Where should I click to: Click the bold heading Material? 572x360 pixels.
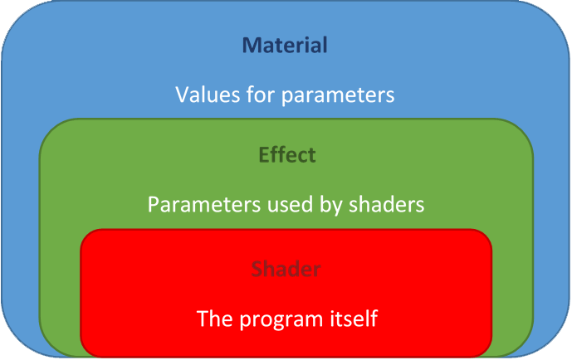[x=285, y=45]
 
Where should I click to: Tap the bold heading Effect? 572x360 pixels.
[x=287, y=154]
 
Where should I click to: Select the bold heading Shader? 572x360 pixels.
[x=286, y=269]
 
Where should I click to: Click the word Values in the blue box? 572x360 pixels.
[x=208, y=95]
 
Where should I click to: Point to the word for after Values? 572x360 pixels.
[x=261, y=94]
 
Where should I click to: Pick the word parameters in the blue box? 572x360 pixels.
[x=338, y=95]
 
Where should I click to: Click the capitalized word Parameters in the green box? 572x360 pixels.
[x=204, y=204]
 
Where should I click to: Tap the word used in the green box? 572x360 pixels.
[x=290, y=204]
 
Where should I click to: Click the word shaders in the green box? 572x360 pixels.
[x=387, y=204]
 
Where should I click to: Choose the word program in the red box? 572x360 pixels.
[x=281, y=320]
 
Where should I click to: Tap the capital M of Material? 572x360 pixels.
[x=253, y=45]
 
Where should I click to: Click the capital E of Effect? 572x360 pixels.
[x=264, y=155]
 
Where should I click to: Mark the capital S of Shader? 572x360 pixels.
[x=257, y=269]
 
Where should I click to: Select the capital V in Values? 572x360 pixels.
[x=183, y=95]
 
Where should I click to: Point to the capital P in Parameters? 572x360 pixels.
[x=154, y=204]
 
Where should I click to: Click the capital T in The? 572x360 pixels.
[x=203, y=319]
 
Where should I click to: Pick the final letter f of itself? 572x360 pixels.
[x=374, y=318]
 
